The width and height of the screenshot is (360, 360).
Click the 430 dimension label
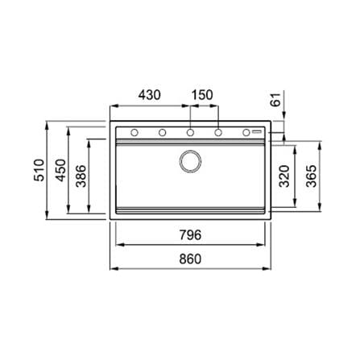point(150,95)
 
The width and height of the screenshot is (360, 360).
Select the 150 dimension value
point(202,95)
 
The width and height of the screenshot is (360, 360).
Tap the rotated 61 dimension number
point(275,100)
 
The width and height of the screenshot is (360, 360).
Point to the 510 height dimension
point(39,170)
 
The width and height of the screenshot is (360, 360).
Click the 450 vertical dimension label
point(60,170)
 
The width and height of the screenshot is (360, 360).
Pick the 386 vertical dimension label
point(81,176)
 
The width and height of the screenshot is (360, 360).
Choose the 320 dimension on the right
point(284,176)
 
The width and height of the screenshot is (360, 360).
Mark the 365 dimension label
point(312,176)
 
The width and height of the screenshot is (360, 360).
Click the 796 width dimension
point(190,235)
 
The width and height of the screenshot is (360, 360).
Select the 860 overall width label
point(190,259)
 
